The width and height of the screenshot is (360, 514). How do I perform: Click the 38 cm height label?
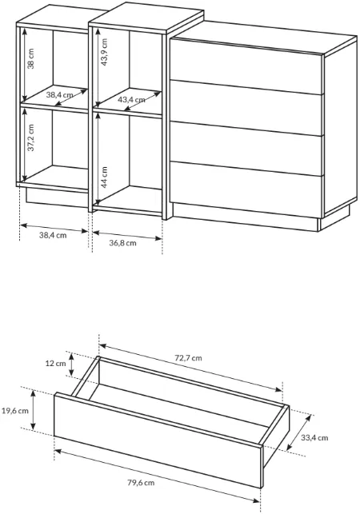(31, 58)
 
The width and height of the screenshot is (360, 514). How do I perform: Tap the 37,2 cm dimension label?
(31, 137)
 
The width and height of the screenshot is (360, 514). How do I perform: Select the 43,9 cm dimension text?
(104, 52)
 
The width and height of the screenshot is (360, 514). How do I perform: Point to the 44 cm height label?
(104, 177)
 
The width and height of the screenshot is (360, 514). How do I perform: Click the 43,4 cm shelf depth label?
(131, 99)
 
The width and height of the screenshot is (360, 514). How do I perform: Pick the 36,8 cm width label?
(122, 243)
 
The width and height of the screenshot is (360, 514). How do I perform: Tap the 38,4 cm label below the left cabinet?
(53, 235)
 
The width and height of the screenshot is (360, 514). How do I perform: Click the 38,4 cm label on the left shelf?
(59, 95)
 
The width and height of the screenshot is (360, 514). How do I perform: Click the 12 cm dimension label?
(55, 364)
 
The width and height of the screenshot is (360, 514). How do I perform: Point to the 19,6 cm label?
(15, 411)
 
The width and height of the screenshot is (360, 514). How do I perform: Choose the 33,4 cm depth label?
(314, 437)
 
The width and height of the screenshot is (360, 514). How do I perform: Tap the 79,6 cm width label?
(141, 483)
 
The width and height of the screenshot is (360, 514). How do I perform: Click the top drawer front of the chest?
(246, 66)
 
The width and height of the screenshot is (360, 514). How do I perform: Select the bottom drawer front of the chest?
(246, 189)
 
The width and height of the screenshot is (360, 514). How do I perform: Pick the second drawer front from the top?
(246, 108)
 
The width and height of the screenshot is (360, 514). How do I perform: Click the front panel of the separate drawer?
(158, 440)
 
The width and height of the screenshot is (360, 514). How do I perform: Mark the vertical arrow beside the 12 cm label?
(71, 364)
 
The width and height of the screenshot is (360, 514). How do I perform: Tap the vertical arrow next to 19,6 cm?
(33, 409)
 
